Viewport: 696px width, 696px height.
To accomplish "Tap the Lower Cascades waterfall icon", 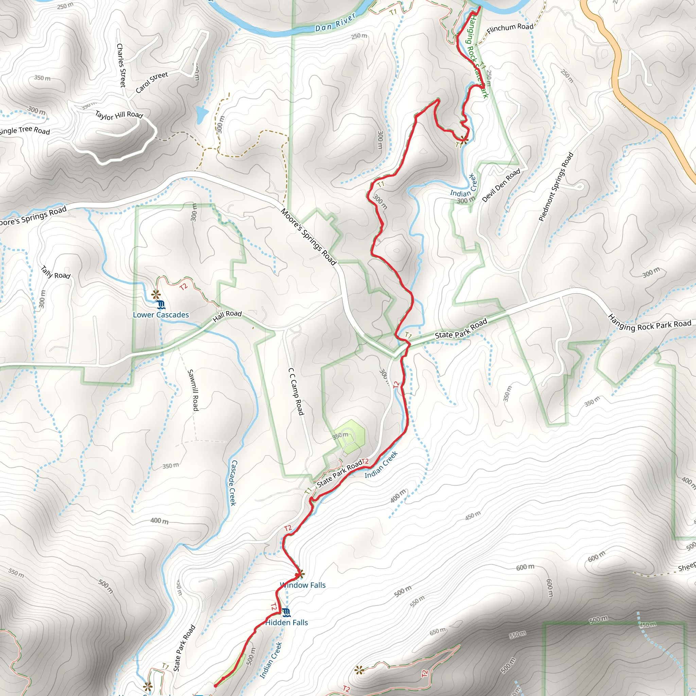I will click(161, 305).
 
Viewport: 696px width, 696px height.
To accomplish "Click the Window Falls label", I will click(303, 585).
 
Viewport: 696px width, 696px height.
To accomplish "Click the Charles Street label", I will click(121, 65).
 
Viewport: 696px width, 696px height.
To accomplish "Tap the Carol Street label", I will click(152, 82).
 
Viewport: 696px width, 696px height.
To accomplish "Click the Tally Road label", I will click(55, 273).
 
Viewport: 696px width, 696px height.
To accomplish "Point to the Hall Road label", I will click(227, 316).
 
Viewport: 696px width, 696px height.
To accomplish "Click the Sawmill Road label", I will click(193, 390).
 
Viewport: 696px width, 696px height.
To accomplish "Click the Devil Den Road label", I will click(501, 185).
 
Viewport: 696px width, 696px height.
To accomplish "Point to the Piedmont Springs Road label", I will click(556, 187).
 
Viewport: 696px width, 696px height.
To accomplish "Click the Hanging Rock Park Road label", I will click(649, 323).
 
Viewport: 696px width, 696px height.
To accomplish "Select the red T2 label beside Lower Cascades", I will click(184, 287).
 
